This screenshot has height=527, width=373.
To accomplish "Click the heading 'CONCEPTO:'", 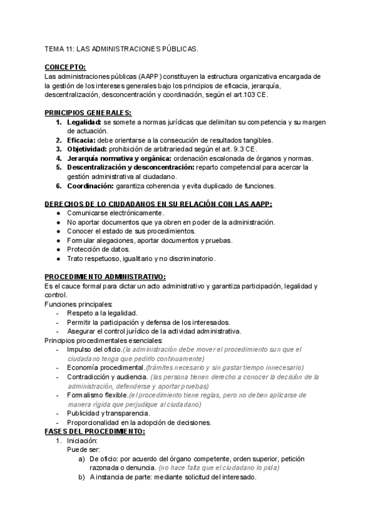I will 65,67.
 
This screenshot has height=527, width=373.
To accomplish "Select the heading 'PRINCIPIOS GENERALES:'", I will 88,112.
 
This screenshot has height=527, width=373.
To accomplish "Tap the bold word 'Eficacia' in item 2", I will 81,140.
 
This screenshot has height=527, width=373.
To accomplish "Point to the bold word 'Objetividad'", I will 87,149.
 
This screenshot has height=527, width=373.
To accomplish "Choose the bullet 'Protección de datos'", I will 98,249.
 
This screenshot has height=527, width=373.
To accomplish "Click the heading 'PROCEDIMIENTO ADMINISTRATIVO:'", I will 104,276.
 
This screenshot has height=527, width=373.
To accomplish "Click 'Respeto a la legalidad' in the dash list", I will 102,313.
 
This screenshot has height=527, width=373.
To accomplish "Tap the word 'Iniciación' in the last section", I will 83,441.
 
